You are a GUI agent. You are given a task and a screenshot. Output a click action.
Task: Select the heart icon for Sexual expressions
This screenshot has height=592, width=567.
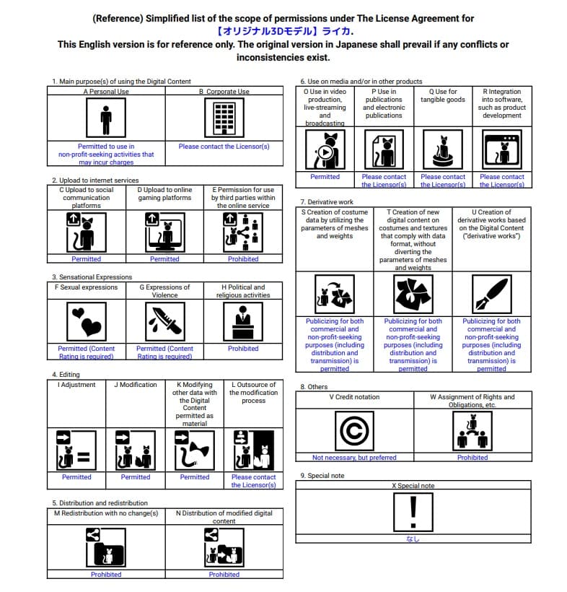coord(86,321)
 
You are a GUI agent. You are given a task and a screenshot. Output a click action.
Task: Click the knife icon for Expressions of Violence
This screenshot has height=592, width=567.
coord(164,321)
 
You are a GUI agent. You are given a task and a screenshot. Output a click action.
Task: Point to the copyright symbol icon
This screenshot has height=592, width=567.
coord(355,431)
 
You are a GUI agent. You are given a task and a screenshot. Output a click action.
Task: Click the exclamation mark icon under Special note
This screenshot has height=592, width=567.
coord(413,512)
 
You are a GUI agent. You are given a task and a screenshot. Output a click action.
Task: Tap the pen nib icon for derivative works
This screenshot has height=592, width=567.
coord(491,295)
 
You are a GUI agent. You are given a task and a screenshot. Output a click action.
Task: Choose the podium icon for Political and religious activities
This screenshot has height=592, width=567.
coord(243,321)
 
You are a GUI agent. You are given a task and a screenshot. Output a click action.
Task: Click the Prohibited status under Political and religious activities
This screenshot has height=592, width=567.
coord(243,349)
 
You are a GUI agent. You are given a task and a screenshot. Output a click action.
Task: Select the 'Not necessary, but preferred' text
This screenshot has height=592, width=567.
coord(354,458)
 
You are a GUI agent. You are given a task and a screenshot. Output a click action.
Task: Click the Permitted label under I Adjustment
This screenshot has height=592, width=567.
coord(76,477)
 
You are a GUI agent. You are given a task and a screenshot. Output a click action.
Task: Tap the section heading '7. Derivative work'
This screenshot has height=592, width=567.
coord(327,202)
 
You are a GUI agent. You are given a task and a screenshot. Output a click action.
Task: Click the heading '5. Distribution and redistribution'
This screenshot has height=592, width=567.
coord(100,502)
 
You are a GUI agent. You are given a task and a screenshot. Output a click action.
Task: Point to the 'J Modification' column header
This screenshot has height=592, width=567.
coord(136,385)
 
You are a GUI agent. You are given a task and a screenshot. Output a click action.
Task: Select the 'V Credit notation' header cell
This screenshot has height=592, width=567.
coord(354,397)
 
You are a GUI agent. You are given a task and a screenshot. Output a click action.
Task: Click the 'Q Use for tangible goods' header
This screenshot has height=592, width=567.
coord(443,96)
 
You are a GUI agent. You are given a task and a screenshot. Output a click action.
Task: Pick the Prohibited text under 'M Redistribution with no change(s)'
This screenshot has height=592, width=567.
coord(106,575)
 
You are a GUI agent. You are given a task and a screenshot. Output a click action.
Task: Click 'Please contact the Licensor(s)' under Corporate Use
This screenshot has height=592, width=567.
coord(224,147)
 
